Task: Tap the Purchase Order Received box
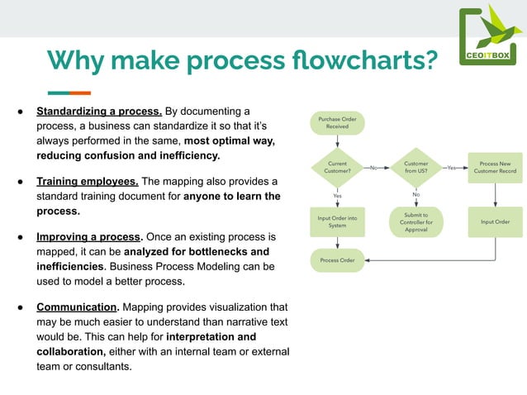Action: (337, 123)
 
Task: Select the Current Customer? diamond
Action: (337, 168)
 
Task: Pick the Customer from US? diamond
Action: (416, 168)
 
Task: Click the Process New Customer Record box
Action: (495, 168)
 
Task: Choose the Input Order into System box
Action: (337, 221)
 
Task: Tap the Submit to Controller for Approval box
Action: (416, 221)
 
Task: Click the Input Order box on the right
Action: (495, 221)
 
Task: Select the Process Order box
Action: (337, 260)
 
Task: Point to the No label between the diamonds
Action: (374, 168)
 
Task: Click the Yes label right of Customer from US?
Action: (452, 168)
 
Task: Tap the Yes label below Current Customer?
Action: (337, 195)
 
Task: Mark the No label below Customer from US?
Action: (416, 195)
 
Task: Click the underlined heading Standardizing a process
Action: (98, 111)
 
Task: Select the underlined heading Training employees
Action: (88, 181)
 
